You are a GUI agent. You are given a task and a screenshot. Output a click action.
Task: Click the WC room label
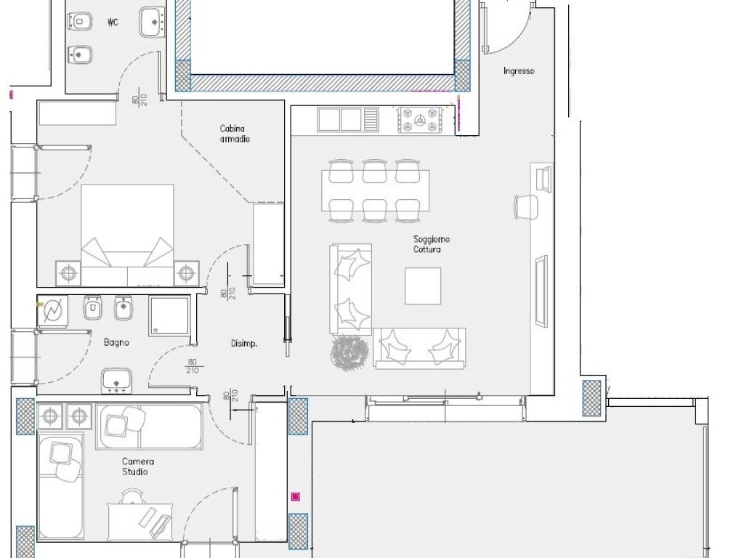coord(113,23)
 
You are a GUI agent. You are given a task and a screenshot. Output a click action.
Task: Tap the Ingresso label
coord(519,71)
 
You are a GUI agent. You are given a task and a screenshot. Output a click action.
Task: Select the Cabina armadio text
coord(235,134)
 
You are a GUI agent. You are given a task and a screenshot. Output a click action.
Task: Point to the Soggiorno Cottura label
coord(431,244)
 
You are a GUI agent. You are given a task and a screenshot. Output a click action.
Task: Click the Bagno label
coord(116,343)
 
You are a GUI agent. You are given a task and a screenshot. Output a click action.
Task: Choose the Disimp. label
coord(244,343)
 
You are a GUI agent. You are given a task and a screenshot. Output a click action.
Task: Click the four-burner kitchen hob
coord(419,120)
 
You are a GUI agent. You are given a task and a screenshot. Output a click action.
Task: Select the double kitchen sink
coord(348,120)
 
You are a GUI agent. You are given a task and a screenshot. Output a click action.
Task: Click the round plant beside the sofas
coord(349,352)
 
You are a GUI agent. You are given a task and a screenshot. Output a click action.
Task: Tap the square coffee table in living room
coord(423,286)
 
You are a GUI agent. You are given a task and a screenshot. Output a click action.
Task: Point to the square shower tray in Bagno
coord(169,316)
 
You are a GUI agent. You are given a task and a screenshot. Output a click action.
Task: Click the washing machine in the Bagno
coord(52,311)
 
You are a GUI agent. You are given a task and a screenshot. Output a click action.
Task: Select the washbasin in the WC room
coord(153,22)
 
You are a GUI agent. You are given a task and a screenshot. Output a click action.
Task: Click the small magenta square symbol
coord(296,497)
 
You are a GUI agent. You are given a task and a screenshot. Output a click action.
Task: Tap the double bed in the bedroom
coord(127,235)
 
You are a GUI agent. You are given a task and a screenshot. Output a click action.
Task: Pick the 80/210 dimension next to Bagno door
coord(192,367)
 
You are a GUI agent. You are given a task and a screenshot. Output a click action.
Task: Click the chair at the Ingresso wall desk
coord(527,207)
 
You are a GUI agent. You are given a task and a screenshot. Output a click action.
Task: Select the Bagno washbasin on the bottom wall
coord(116,381)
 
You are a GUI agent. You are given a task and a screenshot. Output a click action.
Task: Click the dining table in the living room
coord(376,191)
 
